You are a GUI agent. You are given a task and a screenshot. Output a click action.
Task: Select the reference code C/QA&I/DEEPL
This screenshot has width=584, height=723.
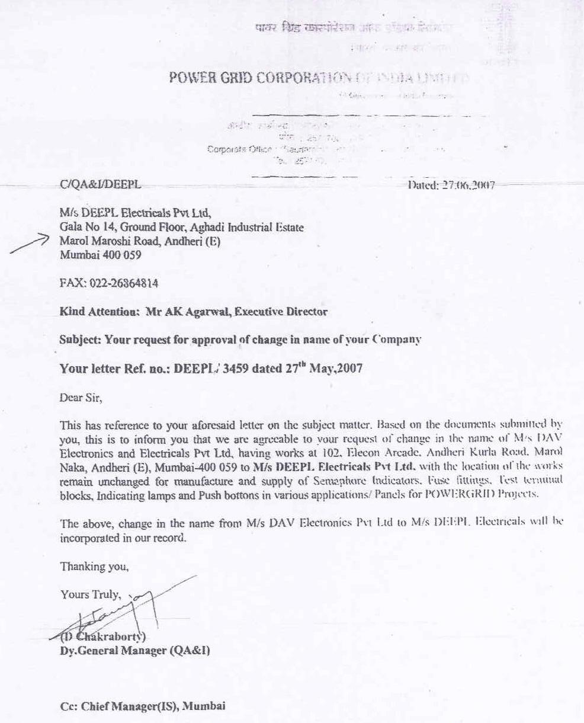tap(101, 185)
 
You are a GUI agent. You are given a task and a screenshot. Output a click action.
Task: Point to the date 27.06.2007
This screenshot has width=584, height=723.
tap(468, 185)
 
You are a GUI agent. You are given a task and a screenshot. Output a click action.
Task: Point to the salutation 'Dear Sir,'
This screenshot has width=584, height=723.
tap(81, 398)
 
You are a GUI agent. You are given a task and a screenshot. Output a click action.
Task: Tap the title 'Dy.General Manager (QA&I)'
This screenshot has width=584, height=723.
tap(134, 651)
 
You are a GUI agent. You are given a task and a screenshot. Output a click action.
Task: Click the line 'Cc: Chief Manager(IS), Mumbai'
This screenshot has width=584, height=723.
tap(143, 706)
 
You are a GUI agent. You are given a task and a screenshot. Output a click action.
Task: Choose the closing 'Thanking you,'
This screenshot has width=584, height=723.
tap(94, 567)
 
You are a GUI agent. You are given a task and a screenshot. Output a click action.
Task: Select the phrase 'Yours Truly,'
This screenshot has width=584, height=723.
tap(91, 594)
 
